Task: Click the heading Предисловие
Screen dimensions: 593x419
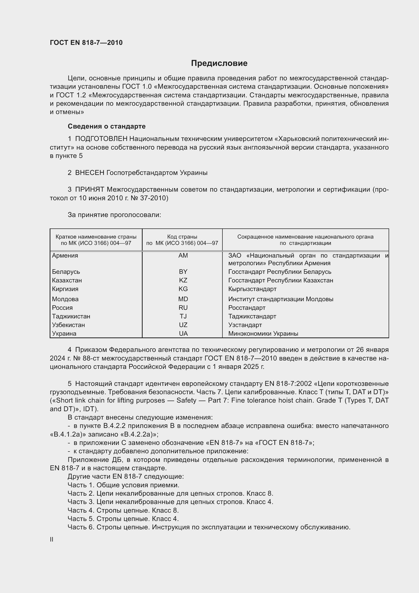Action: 219,63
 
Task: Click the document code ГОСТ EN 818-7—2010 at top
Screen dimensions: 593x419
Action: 86,43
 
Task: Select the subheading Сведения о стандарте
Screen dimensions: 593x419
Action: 107,126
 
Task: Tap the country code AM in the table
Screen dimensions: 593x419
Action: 183,256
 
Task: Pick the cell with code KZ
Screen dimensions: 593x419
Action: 183,280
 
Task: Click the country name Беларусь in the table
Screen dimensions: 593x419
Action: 66,272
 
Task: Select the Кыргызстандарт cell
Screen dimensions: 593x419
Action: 252,289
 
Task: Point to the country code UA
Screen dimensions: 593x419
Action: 183,333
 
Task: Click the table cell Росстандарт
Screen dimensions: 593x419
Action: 247,308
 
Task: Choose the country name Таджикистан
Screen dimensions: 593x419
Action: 71,316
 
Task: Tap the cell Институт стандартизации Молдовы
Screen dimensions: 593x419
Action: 280,299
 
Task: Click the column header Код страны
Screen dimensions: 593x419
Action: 182,237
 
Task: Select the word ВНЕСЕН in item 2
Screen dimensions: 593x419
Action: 89,173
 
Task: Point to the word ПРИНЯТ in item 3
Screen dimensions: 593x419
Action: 89,190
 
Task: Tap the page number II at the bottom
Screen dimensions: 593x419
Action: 52,539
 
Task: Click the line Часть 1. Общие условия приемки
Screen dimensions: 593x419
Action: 123,485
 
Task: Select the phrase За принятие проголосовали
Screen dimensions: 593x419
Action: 114,215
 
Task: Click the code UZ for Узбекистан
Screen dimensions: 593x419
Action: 183,325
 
